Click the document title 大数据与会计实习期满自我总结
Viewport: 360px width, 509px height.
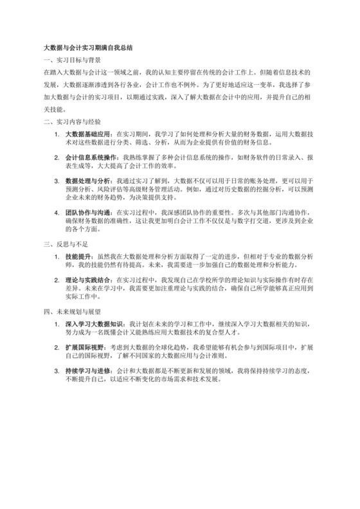(87, 48)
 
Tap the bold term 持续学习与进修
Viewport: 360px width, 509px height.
(87, 373)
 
